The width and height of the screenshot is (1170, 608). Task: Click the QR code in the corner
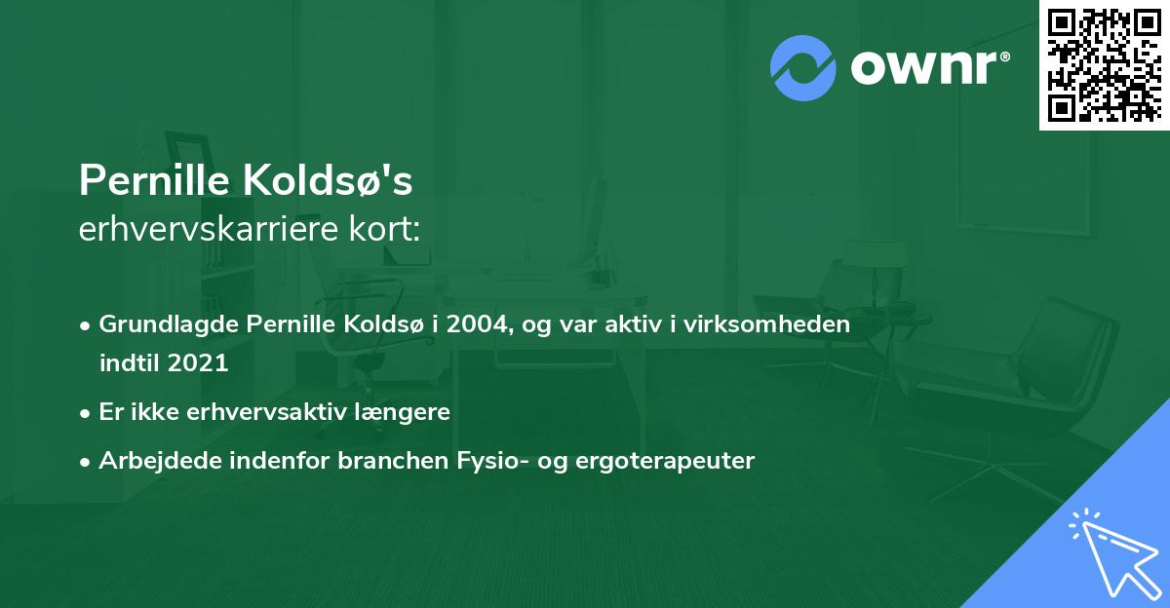click(1105, 64)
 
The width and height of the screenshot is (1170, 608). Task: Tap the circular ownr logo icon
click(802, 67)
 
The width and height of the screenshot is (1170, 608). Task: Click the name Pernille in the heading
click(155, 180)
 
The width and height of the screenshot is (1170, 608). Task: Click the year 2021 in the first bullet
click(198, 363)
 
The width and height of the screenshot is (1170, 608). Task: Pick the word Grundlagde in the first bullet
click(159, 324)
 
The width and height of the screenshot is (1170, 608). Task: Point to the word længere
click(408, 412)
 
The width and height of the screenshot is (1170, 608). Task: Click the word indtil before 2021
click(130, 363)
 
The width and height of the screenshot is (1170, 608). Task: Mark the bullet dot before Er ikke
click(86, 413)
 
